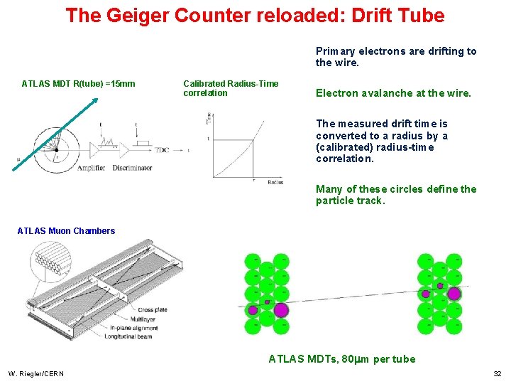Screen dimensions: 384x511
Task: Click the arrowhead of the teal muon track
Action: coord(94,102)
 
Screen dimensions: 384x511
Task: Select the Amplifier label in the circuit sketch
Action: coord(90,168)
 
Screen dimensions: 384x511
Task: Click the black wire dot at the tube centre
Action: coord(56,150)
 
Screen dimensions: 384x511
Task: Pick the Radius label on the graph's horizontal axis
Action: coord(275,182)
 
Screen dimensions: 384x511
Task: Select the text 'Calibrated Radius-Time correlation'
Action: coord(230,88)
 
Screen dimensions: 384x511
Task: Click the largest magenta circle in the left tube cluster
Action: coord(281,310)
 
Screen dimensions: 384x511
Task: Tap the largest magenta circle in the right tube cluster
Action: coord(454,293)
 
